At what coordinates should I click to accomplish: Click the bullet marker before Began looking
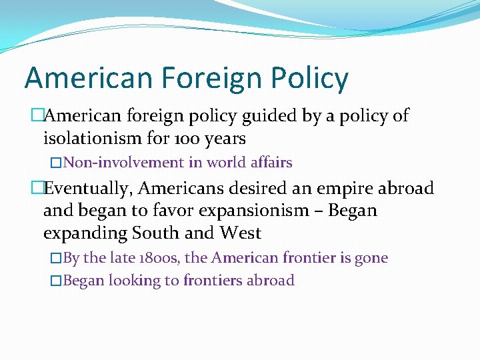click(56, 281)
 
